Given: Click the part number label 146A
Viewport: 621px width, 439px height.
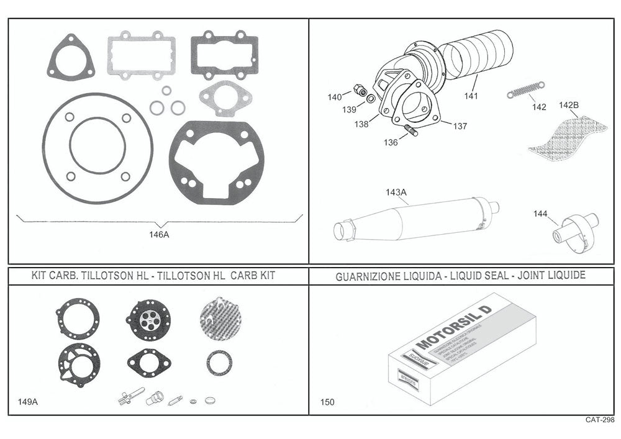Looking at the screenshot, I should (159, 235).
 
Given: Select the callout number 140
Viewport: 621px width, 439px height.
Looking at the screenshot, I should (335, 97).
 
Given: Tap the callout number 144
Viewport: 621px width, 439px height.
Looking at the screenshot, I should (540, 214).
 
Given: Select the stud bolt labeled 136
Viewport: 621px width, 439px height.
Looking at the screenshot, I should (410, 132).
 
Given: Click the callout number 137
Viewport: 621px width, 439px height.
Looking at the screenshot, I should (460, 126).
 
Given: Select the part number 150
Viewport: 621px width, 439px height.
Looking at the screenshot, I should (327, 402).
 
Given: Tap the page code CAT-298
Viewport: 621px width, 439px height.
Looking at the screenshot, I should (599, 420).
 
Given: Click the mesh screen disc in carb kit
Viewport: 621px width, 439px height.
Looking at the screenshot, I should (220, 319).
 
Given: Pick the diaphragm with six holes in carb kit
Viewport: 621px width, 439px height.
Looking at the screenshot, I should (148, 319).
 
